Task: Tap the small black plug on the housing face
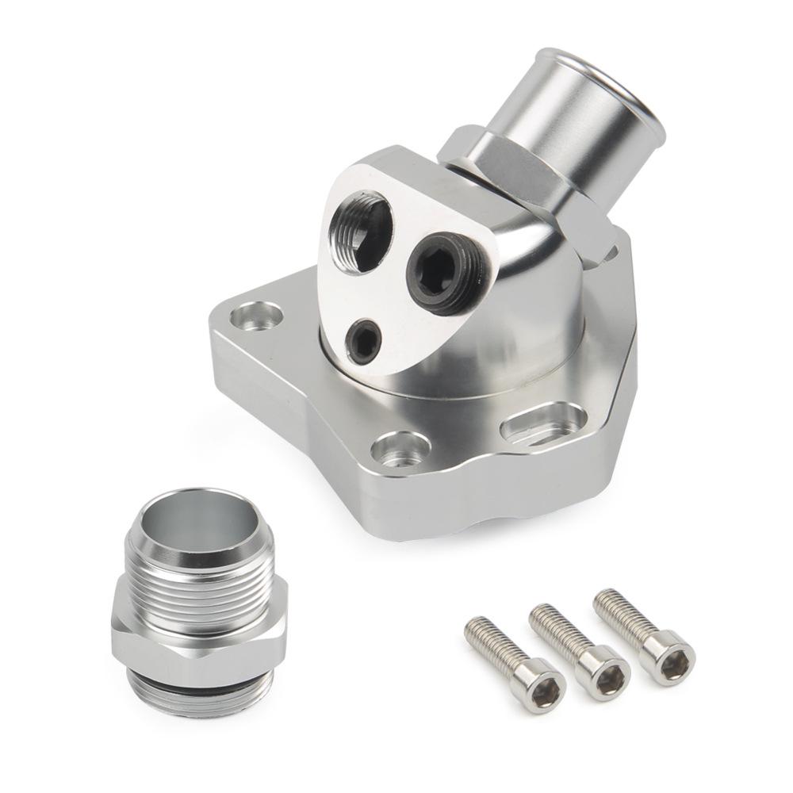point(364,341)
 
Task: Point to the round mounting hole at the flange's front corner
point(400,449)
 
